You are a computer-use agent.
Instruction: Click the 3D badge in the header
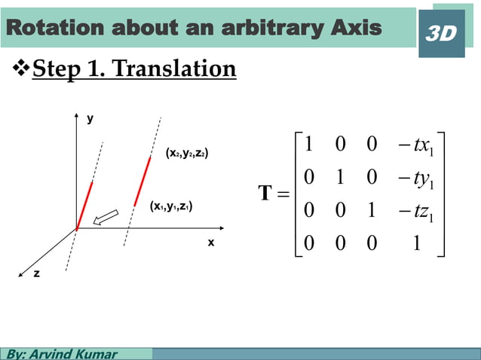pos(441,33)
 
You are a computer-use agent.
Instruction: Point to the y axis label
pos(90,119)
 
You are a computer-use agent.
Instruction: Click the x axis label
pos(211,243)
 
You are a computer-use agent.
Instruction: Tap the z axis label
pos(35,275)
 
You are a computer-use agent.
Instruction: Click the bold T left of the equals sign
pos(265,194)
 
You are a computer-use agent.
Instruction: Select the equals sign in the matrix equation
pos(283,195)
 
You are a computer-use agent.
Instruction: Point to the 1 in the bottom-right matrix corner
pos(416,246)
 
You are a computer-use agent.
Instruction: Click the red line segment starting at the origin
pos(84,204)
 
